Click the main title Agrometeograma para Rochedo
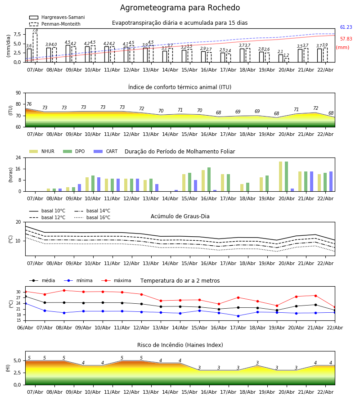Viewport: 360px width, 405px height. [x=180, y=8]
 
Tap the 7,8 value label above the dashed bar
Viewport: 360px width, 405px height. [x=35, y=30]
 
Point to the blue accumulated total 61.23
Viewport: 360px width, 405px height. [x=346, y=27]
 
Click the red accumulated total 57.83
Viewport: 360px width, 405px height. [x=346, y=39]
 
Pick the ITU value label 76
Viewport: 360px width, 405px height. [x=29, y=104]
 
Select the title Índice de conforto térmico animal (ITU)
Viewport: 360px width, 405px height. [x=180, y=87]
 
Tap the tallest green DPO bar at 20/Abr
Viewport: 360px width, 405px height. [x=286, y=176]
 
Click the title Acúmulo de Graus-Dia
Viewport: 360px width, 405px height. [x=180, y=216]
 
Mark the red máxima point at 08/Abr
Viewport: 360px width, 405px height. [x=64, y=290]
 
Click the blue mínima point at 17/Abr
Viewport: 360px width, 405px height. [x=238, y=316]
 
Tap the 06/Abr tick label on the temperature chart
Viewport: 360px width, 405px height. [x=25, y=328]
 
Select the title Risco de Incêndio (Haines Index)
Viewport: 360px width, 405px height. [x=180, y=345]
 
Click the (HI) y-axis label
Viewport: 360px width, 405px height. [x=8, y=368]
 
